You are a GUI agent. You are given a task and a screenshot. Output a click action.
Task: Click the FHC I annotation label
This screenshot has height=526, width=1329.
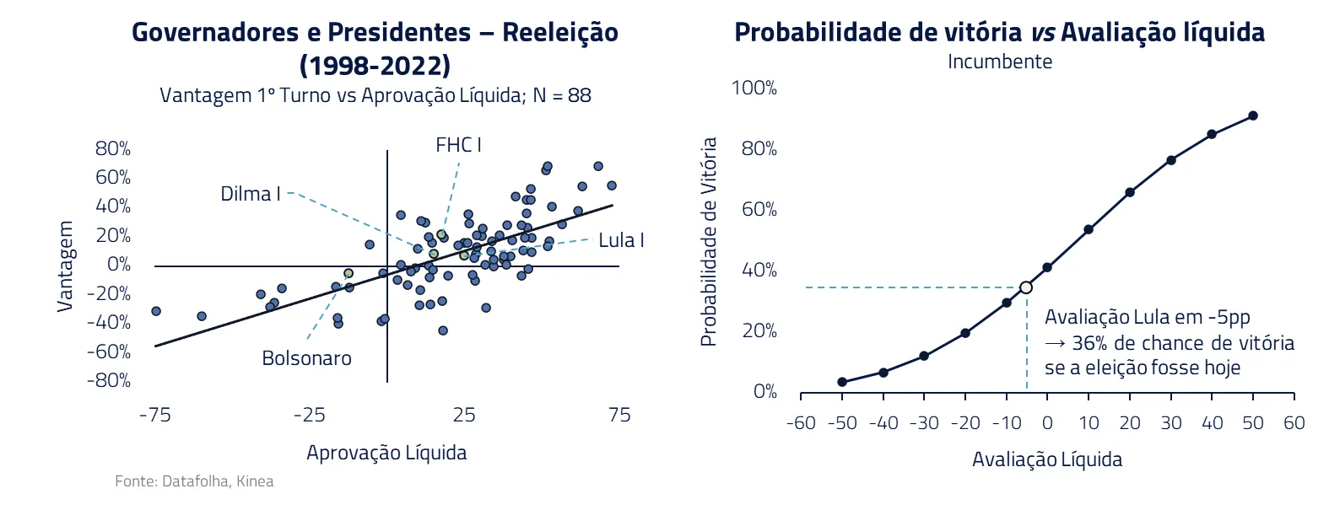(x=458, y=145)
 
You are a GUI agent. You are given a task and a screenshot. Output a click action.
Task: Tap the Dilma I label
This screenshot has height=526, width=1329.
(x=250, y=194)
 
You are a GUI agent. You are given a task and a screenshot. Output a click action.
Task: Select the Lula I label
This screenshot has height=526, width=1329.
(x=621, y=240)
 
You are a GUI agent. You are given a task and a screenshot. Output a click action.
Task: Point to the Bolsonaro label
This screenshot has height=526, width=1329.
(x=306, y=358)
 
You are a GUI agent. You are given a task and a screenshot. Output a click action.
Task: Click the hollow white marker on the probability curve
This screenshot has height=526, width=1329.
(x=1026, y=287)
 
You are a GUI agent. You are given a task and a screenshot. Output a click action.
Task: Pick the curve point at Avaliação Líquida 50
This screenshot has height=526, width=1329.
(x=1253, y=115)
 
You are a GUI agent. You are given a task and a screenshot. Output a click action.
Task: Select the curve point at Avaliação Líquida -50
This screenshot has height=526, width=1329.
(x=842, y=382)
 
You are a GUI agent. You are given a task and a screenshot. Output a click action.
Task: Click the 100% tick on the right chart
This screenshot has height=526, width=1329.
(x=754, y=89)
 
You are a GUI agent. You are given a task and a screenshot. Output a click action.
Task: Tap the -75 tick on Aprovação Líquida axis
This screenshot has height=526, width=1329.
(x=154, y=415)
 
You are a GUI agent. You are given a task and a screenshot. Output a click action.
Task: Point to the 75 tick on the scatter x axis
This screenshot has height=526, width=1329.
(x=619, y=415)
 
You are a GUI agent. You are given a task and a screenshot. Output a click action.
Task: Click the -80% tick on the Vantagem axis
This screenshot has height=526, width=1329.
(x=109, y=380)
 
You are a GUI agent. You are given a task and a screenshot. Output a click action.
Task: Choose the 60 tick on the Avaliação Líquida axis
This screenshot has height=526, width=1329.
(x=1294, y=423)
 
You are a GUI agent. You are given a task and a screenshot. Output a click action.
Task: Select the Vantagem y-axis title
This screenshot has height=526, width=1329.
(x=66, y=266)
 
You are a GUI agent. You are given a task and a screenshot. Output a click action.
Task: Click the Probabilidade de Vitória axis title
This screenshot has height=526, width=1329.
(x=709, y=242)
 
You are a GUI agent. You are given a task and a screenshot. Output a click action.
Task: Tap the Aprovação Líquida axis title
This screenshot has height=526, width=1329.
(x=386, y=453)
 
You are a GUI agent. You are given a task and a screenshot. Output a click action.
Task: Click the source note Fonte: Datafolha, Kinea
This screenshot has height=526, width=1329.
(x=194, y=481)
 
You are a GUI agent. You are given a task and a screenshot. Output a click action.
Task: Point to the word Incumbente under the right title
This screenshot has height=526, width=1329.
(x=1000, y=62)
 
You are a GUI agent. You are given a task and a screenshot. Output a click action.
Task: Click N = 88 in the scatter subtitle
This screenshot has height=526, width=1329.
(x=562, y=95)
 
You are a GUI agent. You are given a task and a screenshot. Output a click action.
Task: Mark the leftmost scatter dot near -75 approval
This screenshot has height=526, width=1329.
(x=155, y=311)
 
